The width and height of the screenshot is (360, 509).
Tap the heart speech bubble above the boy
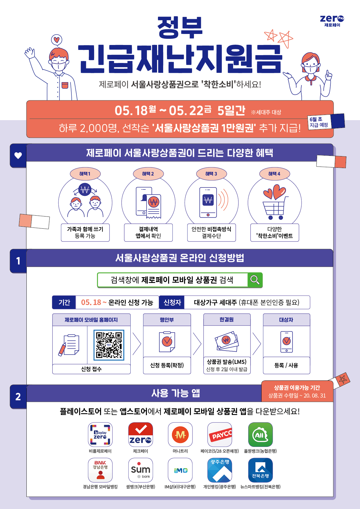[x=57, y=40]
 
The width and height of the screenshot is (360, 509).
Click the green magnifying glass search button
[x=255, y=280]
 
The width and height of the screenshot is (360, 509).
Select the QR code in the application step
[x=109, y=345]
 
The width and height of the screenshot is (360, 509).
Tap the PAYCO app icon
[x=220, y=434]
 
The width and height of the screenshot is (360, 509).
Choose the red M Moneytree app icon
[x=180, y=434]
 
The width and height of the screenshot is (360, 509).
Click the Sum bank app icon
[x=141, y=470]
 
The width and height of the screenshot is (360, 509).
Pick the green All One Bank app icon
[x=260, y=434]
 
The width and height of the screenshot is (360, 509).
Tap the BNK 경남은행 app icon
[x=100, y=470]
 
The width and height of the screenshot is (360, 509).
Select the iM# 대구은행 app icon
[x=180, y=470]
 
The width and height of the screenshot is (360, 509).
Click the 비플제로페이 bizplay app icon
[x=100, y=434]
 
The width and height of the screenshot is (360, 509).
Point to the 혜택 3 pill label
[x=211, y=174]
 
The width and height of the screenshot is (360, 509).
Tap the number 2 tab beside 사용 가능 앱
[x=18, y=397]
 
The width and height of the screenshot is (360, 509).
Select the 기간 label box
[x=64, y=302]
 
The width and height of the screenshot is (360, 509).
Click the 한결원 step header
[x=227, y=320]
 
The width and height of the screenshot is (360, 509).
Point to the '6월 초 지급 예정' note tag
[x=319, y=122]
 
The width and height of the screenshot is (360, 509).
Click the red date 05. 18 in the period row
[x=91, y=302]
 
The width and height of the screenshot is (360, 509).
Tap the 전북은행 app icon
[x=260, y=470]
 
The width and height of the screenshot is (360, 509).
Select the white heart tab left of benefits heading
[x=18, y=156]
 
